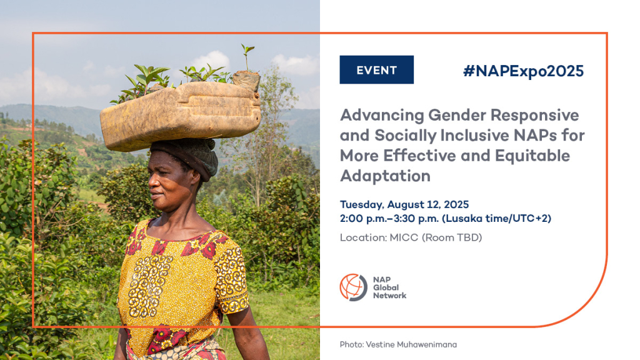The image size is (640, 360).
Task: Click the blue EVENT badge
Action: coord(376,70)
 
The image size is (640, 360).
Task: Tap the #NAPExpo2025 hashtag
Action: coord(523,71)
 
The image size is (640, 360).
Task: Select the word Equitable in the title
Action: coord(532,156)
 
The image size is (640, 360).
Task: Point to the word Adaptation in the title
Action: coord(385,176)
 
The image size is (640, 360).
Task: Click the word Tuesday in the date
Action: coord(362,204)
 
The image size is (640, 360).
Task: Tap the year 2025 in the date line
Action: coord(456,204)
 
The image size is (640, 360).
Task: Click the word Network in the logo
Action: coord(389,296)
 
